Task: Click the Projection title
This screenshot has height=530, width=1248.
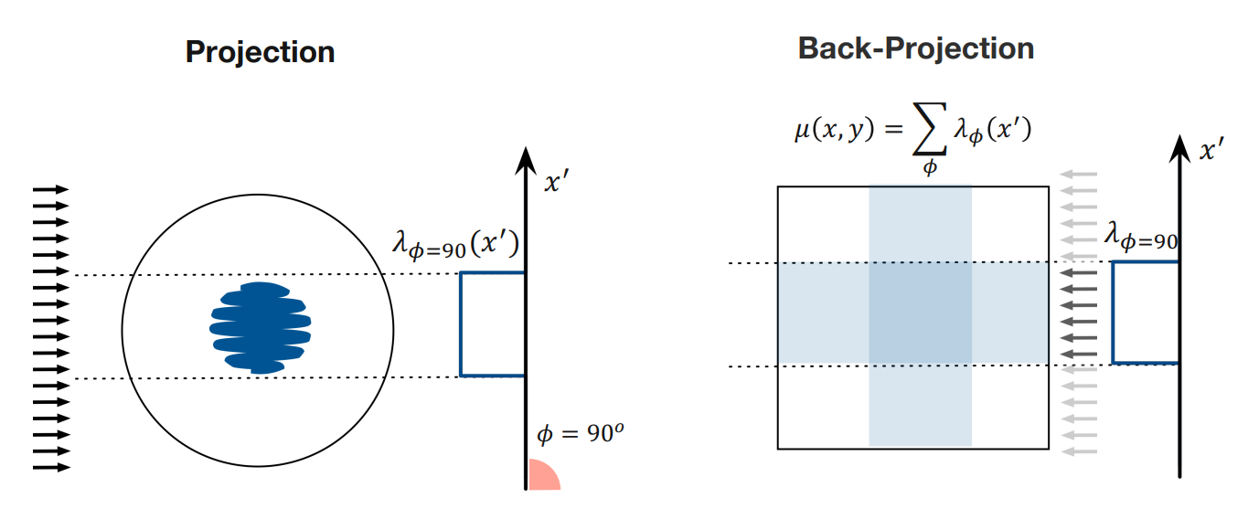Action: click(260, 51)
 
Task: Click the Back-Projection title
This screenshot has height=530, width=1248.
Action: click(916, 48)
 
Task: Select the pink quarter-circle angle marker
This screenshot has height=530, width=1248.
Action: click(541, 476)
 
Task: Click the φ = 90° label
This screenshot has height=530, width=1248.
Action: click(580, 434)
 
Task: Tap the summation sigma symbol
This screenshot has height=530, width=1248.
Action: click(930, 135)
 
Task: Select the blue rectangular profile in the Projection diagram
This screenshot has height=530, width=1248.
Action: click(493, 323)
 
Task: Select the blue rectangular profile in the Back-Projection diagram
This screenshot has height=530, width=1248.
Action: click(1145, 313)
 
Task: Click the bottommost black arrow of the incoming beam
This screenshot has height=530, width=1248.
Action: click(51, 468)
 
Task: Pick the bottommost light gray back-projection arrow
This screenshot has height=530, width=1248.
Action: click(1079, 450)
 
